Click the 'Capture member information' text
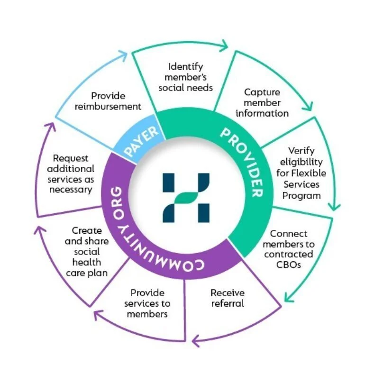[262, 103]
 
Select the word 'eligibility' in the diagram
[298, 162]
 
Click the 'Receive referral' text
[228, 298]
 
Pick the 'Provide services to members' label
[147, 303]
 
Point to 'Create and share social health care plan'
[87, 252]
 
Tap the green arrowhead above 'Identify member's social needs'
[223, 46]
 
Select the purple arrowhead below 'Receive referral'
[196, 339]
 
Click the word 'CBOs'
[289, 265]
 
